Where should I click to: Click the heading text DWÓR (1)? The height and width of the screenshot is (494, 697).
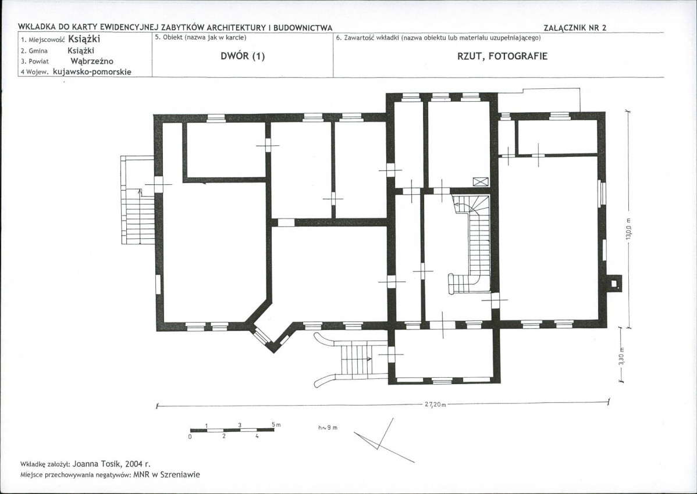point(242,56)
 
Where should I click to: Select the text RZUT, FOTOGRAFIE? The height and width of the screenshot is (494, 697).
point(502,56)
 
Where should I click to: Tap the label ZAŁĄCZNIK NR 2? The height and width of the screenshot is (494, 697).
point(575,27)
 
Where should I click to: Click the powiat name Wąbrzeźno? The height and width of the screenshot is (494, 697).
point(92,61)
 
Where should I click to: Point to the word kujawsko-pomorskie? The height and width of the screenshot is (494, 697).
point(92,71)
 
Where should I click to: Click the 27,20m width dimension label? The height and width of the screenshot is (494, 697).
point(432,404)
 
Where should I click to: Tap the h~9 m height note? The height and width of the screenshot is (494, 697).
point(328,427)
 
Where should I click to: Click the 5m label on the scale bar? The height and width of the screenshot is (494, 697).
point(276,425)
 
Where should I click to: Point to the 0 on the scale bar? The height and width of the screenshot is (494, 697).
point(190,436)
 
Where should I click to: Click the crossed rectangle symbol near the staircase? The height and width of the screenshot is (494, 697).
point(481,181)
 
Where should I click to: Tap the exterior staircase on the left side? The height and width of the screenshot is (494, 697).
point(138,200)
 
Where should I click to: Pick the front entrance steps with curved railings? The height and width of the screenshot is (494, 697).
point(351,360)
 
